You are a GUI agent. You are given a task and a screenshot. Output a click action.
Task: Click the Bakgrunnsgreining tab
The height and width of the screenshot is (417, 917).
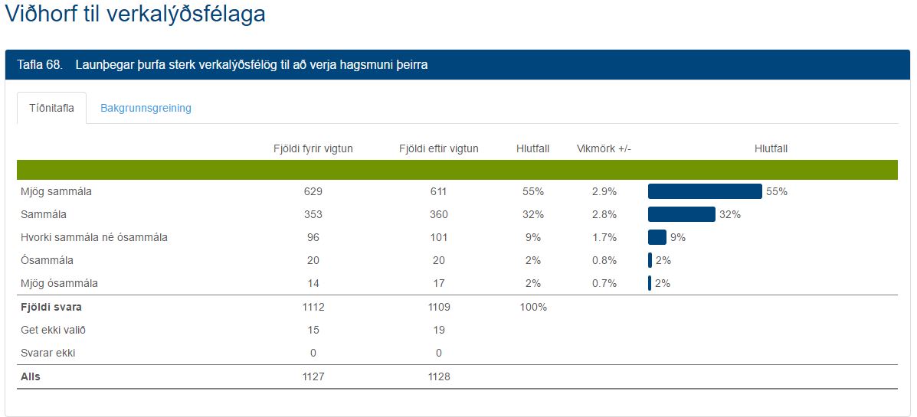click(x=146, y=108)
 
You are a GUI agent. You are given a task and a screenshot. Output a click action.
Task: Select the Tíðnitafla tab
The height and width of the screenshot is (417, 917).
click(x=51, y=108)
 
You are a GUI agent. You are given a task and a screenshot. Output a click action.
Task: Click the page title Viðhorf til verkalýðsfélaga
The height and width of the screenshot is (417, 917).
click(x=135, y=15)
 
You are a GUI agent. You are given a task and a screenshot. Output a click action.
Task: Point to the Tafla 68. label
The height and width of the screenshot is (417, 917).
click(x=39, y=65)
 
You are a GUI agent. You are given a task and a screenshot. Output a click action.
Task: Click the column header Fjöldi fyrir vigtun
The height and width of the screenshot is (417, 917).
click(x=313, y=148)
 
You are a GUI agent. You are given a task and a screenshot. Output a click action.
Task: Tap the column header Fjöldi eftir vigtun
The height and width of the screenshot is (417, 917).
click(x=438, y=148)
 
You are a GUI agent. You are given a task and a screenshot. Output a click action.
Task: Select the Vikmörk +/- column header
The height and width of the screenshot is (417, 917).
click(x=604, y=148)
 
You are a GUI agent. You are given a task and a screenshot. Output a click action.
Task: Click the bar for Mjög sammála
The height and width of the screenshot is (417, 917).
click(x=705, y=191)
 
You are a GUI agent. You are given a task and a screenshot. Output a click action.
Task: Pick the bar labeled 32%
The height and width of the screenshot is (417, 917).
click(x=681, y=214)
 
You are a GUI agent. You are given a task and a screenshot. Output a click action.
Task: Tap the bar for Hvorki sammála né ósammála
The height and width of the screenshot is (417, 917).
click(x=657, y=237)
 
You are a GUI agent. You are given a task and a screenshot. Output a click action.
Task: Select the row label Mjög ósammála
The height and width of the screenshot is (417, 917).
click(x=60, y=283)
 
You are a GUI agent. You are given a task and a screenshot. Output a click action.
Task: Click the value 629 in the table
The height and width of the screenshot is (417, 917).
click(x=313, y=191)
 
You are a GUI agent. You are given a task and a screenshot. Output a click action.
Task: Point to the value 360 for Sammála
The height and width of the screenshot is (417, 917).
click(x=438, y=214)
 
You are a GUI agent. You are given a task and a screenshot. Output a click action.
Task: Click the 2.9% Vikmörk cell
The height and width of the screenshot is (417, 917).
click(x=604, y=191)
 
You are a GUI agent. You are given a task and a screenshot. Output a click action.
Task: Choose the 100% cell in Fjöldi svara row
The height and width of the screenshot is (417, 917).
click(x=532, y=307)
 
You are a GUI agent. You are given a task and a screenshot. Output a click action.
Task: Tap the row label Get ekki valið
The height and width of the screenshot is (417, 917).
click(x=54, y=330)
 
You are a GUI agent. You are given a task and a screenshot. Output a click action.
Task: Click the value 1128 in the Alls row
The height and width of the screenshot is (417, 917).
click(x=438, y=376)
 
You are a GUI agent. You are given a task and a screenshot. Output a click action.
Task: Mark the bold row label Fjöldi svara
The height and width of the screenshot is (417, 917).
click(x=51, y=307)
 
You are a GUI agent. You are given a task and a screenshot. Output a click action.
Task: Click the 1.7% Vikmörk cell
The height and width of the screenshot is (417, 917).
click(x=604, y=237)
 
